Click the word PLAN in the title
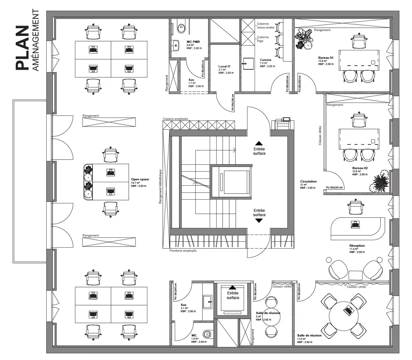pyautogui.click(x=23, y=48)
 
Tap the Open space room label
pyautogui.click(x=140, y=180)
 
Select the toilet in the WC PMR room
pyautogui.click(x=181, y=28)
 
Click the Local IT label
pyautogui.click(x=224, y=66)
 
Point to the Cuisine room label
pyautogui.click(x=266, y=60)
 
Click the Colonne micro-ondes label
pyautogui.click(x=265, y=26)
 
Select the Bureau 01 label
pyautogui.click(x=326, y=58)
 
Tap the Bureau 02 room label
pyautogui.click(x=360, y=168)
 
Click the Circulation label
pyautogui.click(x=308, y=182)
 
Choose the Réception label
pyautogui.click(x=357, y=246)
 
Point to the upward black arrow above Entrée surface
pyautogui.click(x=259, y=143)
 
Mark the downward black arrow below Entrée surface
pyautogui.click(x=259, y=220)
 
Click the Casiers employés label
pyautogui.click(x=175, y=119)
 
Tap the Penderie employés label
pyautogui.click(x=183, y=251)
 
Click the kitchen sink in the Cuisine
pyautogui.click(x=248, y=63)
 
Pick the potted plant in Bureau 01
pyautogui.click(x=304, y=39)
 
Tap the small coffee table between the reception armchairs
pyautogui.click(x=355, y=275)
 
